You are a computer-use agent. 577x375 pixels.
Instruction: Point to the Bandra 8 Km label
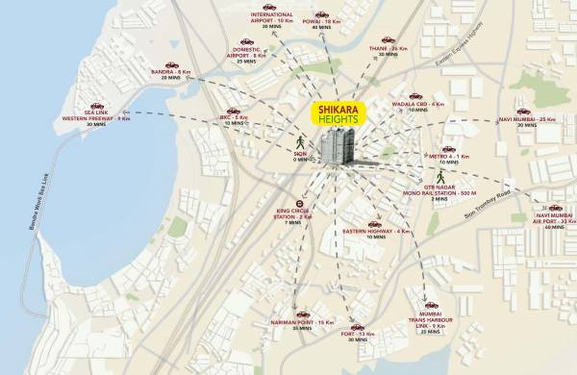pyautogui.click(x=171, y=72)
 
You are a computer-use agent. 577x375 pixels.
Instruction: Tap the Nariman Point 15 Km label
pyautogui.click(x=302, y=321)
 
